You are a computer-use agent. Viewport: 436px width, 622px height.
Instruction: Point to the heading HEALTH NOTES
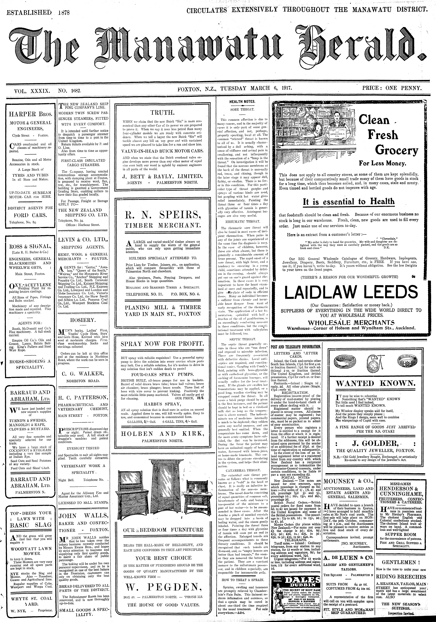click(x=242, y=102)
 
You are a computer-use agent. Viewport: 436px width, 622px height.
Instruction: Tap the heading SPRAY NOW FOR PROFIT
click(x=162, y=344)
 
